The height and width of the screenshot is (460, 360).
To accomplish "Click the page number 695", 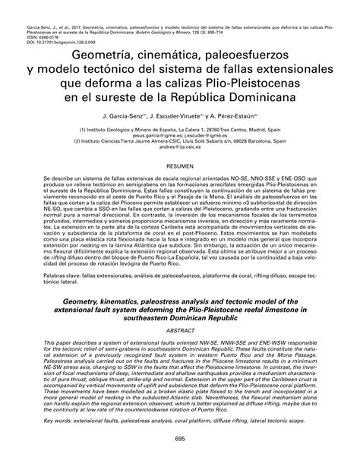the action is point(179,439).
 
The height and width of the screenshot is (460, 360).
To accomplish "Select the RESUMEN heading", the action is point(179,186).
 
